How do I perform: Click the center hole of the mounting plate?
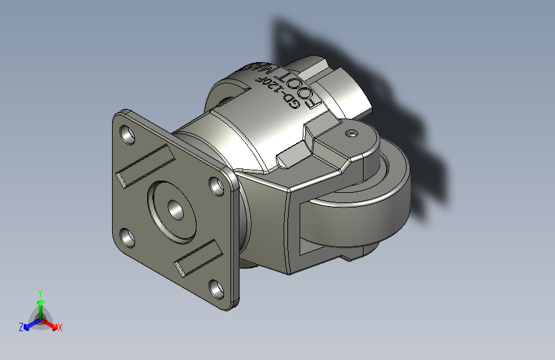coord(175,209)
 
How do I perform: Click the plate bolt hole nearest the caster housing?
coord(216,185)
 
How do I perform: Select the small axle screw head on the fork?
coord(351,134)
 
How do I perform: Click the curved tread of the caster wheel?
coord(358,218)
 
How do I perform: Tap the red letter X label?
coord(60,328)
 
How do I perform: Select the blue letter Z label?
coord(21,327)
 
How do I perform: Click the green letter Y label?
coord(40,291)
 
